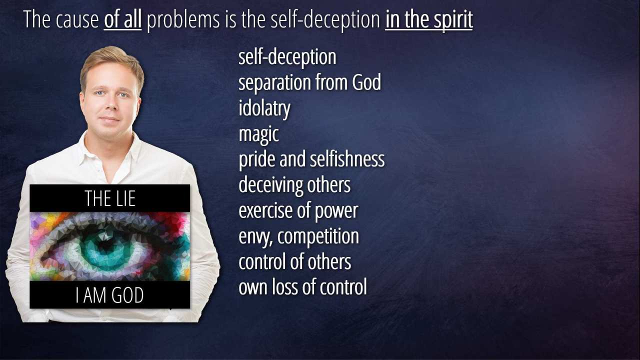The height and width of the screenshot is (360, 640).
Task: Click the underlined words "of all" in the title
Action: click(x=122, y=19)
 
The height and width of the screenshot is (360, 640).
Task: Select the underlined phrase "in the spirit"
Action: click(x=429, y=19)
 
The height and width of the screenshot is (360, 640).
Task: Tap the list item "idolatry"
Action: click(x=264, y=108)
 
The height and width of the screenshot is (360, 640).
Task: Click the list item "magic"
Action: click(x=258, y=134)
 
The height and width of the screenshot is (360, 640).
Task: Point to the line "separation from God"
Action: click(x=309, y=82)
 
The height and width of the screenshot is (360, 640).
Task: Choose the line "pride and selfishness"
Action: click(x=311, y=159)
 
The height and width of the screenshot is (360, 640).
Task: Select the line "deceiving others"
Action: click(x=294, y=185)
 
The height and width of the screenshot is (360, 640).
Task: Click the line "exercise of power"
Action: click(x=298, y=211)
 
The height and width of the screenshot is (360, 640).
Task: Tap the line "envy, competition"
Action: click(x=299, y=236)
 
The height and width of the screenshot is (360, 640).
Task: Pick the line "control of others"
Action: click(x=295, y=261)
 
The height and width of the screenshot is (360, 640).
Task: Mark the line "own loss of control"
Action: click(x=303, y=287)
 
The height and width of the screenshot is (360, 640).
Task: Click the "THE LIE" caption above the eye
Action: click(x=110, y=198)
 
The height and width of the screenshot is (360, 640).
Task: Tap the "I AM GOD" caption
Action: click(x=109, y=295)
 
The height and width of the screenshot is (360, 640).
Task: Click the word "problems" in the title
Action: click(x=183, y=20)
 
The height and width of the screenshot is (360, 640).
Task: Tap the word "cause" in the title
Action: click(x=77, y=20)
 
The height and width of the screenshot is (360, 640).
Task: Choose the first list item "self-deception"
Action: click(x=287, y=57)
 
